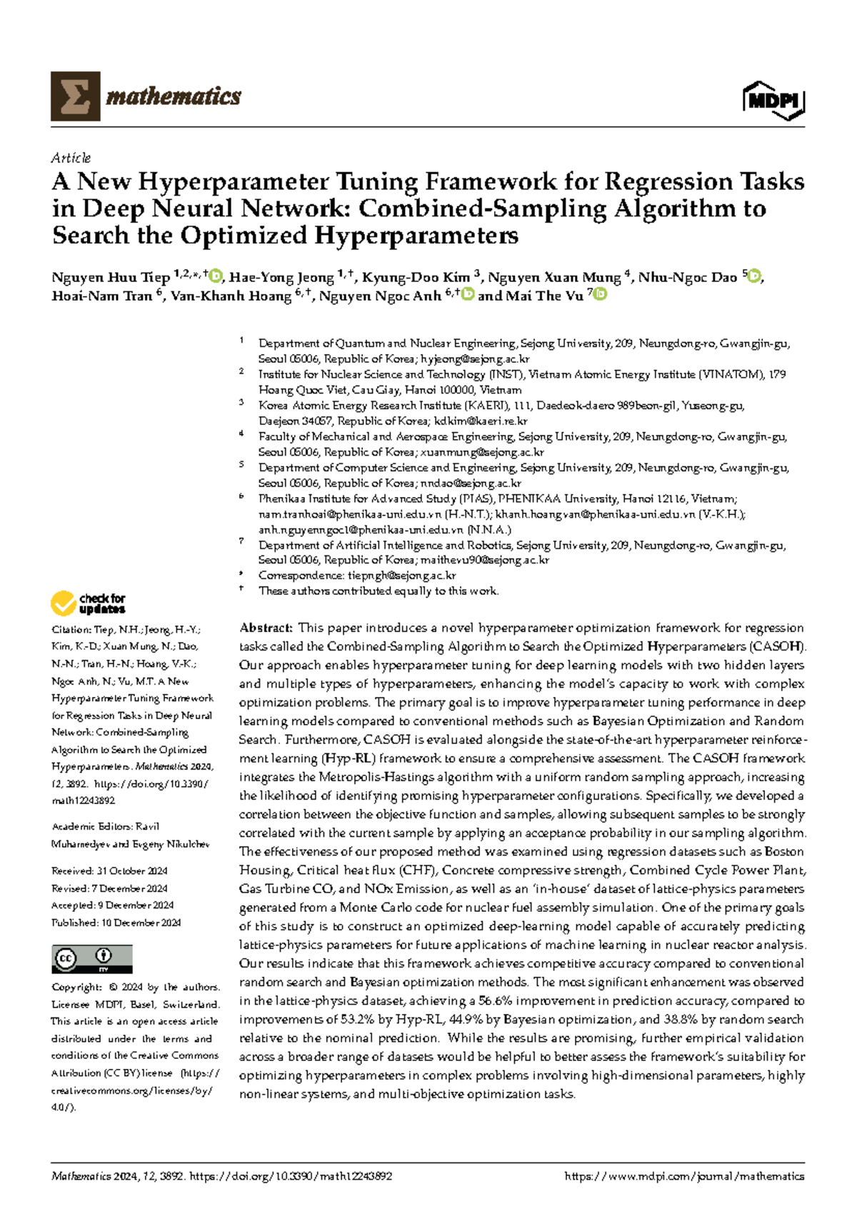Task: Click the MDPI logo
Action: [x=773, y=101]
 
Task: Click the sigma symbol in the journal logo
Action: [x=75, y=96]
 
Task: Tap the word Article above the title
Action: [x=71, y=158]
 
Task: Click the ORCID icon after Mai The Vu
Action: [x=601, y=294]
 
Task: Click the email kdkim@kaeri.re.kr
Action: [x=481, y=421]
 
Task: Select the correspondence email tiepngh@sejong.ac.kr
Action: [x=401, y=576]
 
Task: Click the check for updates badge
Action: [x=88, y=603]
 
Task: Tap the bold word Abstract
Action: [x=266, y=628]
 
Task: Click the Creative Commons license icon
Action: [x=91, y=958]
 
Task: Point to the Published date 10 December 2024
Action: [x=141, y=923]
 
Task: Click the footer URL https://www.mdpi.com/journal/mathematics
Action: [x=684, y=1177]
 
